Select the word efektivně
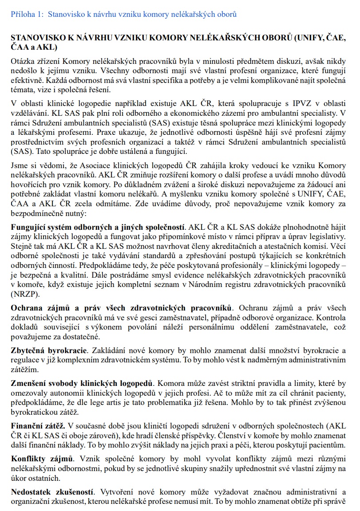(26, 80)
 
